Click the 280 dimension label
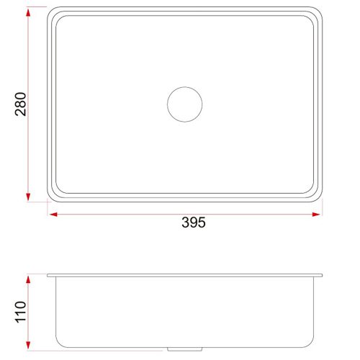click(x=20, y=104)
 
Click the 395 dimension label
click(x=194, y=222)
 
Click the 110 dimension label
click(x=20, y=312)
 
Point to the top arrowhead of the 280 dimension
click(x=28, y=12)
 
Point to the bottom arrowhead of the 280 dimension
click(x=28, y=197)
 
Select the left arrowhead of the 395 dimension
click(x=53, y=215)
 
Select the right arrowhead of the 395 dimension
click(x=316, y=215)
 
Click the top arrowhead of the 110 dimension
click(x=28, y=280)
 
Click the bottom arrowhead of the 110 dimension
click(x=28, y=345)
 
